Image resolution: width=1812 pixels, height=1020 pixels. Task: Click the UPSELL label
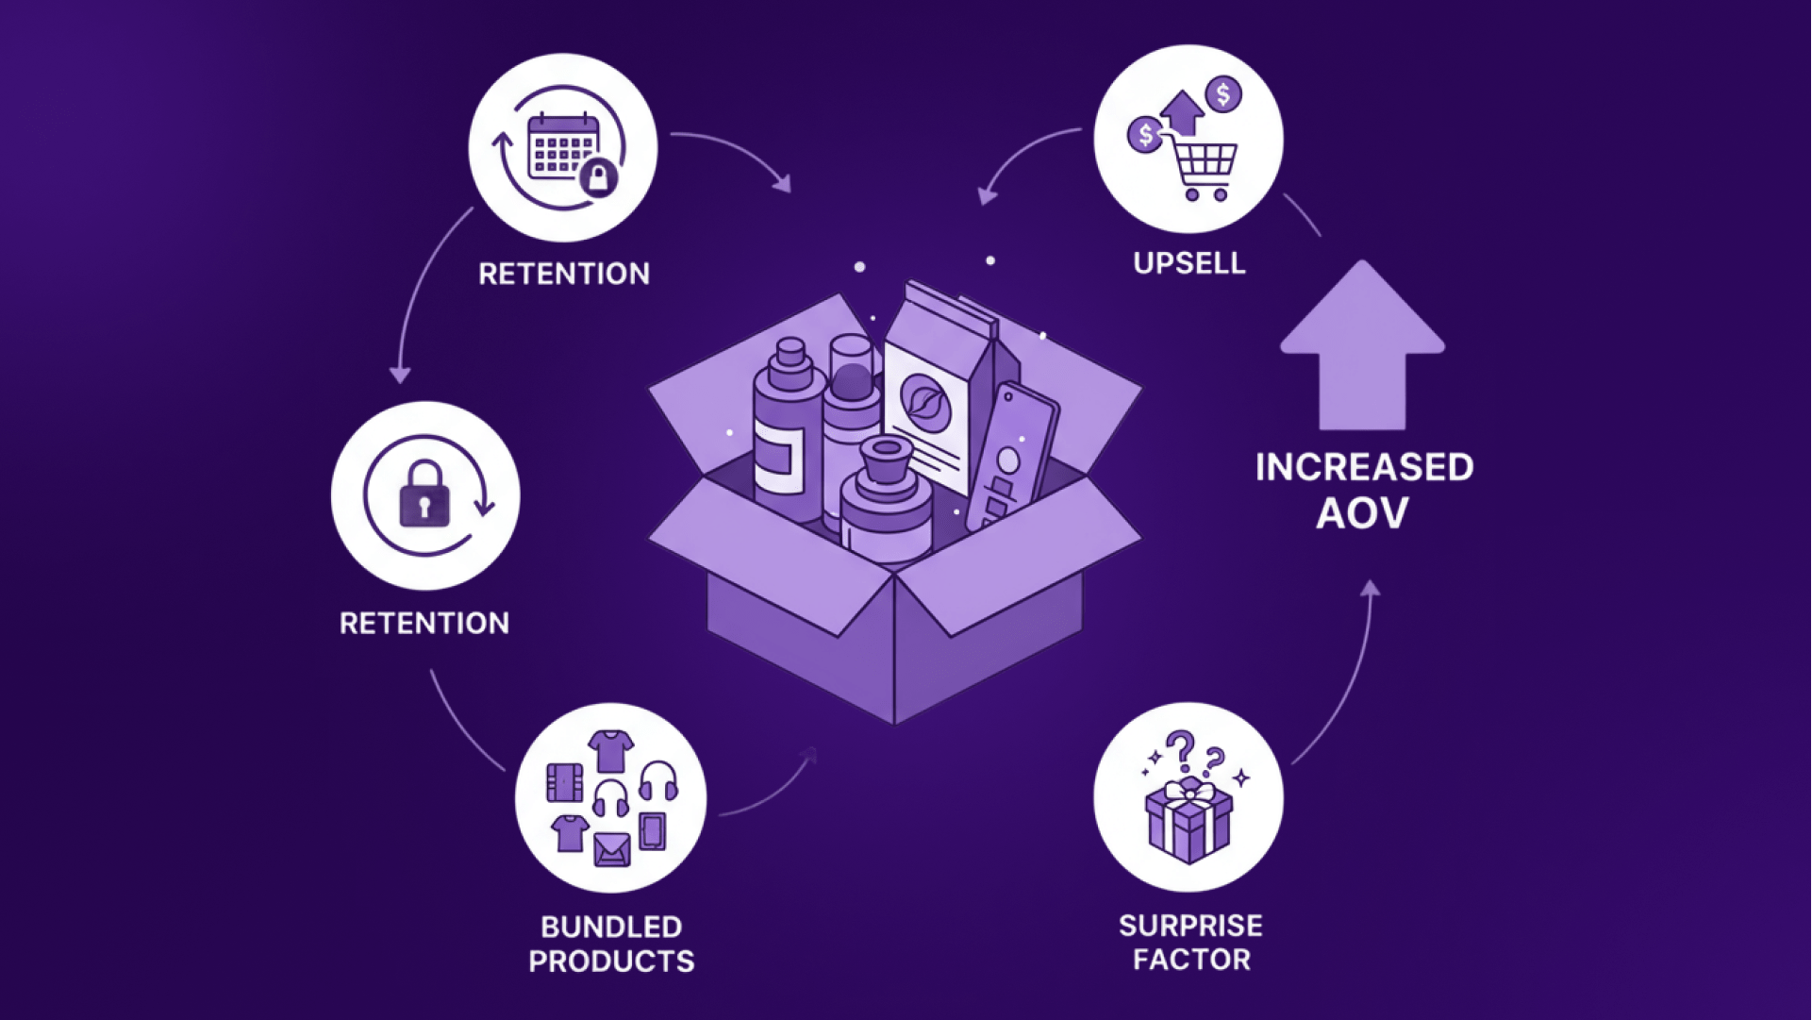click(1189, 263)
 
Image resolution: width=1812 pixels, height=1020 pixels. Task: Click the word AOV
click(1362, 513)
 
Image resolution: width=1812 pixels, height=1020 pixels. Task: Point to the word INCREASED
click(1364, 467)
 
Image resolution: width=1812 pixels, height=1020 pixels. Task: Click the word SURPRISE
click(1190, 926)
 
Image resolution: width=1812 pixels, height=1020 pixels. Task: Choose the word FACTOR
click(1191, 961)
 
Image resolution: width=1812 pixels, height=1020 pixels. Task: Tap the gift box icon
click(1189, 821)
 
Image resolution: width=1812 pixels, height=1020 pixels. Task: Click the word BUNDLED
click(611, 927)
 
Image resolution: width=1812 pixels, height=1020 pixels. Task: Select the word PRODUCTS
click(611, 961)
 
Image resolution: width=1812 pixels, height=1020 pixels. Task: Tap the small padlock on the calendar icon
click(598, 176)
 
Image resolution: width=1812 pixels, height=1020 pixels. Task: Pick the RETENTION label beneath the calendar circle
click(564, 274)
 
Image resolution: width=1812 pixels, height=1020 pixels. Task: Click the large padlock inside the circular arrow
click(424, 493)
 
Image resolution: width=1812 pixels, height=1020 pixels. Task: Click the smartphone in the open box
click(1014, 453)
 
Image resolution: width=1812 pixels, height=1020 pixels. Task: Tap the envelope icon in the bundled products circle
click(611, 849)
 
